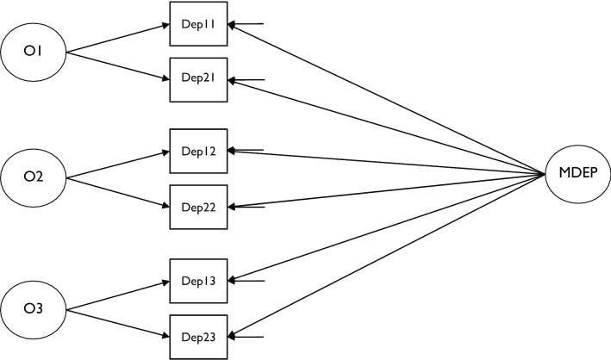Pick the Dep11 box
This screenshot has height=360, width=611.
(x=199, y=25)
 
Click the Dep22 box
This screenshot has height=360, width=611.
(x=199, y=207)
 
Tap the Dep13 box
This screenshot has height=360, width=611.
(x=199, y=281)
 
